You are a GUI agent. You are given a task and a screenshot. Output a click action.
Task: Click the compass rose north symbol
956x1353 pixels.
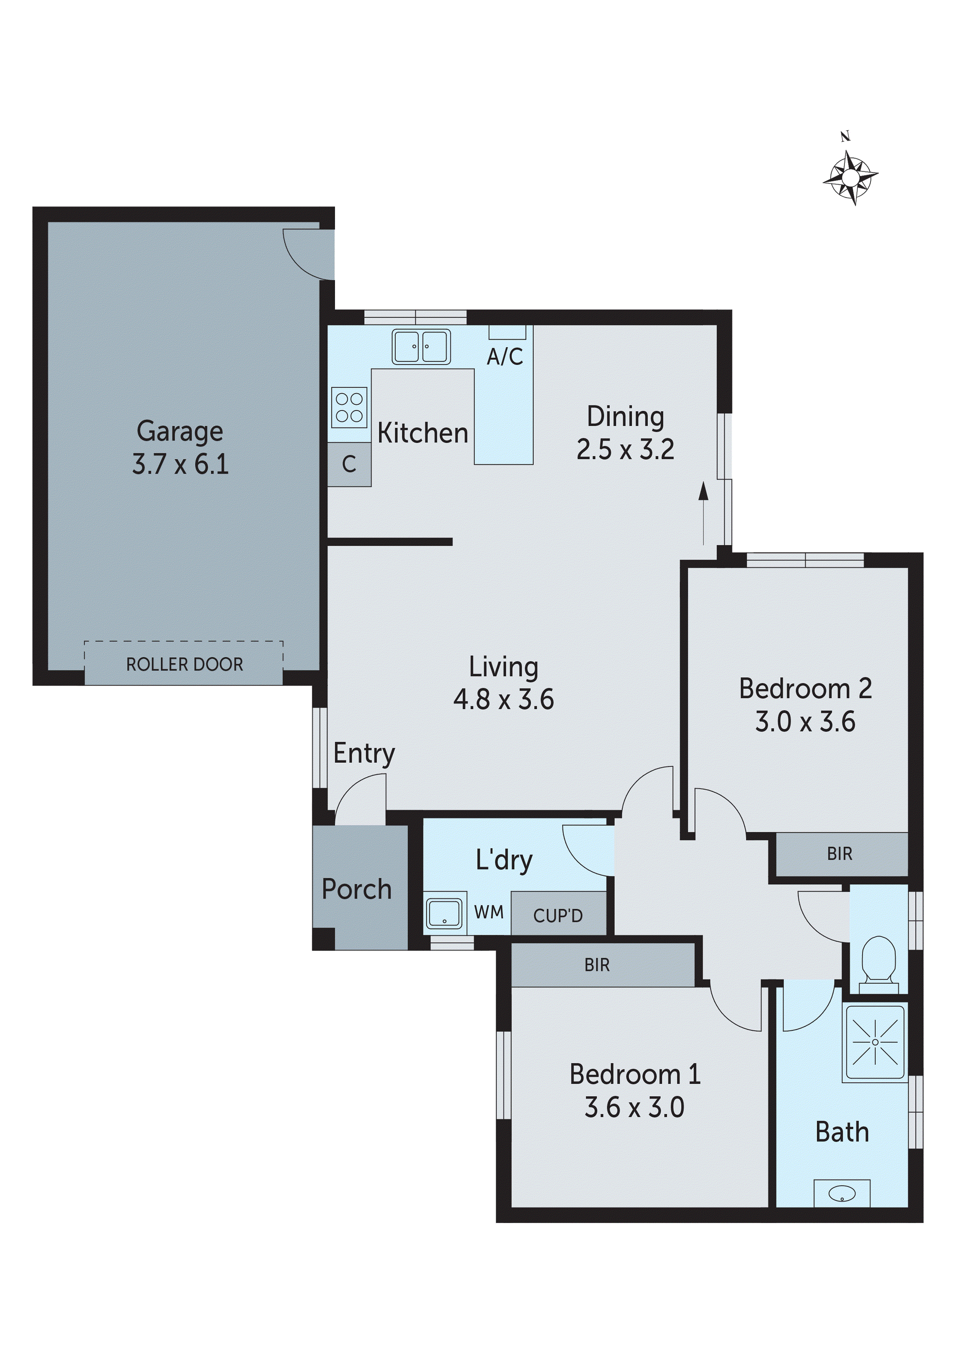(x=850, y=176)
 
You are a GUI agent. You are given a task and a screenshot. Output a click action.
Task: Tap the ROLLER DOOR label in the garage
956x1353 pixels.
(x=184, y=665)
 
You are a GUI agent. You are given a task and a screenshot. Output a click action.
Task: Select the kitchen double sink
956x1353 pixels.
(x=421, y=346)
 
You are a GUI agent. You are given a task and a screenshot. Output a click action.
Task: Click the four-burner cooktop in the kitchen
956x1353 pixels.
(x=349, y=407)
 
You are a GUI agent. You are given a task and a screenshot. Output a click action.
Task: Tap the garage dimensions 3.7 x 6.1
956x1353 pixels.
(x=180, y=464)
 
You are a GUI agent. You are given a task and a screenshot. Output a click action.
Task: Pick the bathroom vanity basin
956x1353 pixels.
(x=842, y=1193)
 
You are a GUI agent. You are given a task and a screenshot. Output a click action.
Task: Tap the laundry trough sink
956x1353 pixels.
(x=444, y=913)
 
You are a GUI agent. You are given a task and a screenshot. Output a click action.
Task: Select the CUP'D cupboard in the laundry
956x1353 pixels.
(x=558, y=915)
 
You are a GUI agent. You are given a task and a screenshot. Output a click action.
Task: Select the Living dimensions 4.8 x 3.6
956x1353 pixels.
(x=503, y=700)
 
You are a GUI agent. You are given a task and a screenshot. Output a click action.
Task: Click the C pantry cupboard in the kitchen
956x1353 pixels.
(x=349, y=464)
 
